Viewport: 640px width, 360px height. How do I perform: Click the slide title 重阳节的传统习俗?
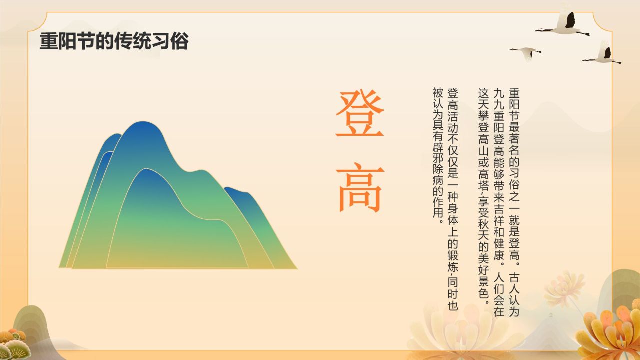114,41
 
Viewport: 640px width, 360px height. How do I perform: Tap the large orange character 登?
359,114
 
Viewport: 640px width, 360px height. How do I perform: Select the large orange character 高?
359,186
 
